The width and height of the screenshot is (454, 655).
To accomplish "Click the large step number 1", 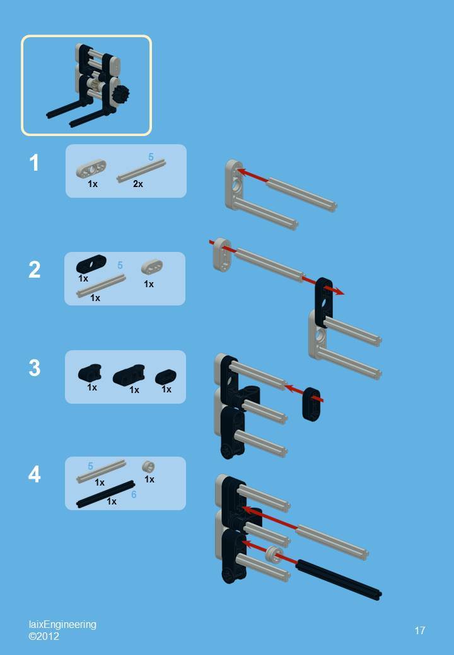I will (x=34, y=163).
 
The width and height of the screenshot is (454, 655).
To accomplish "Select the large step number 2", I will (x=34, y=270).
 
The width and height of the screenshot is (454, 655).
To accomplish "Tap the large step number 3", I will (x=34, y=368).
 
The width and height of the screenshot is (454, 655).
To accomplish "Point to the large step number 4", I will (x=34, y=474).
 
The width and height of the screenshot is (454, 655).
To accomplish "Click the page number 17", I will (x=420, y=630).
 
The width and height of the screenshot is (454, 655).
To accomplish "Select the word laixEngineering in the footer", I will (x=62, y=624).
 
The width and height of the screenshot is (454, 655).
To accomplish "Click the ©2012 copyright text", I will (x=44, y=636).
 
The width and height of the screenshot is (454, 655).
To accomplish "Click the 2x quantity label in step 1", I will (x=138, y=184).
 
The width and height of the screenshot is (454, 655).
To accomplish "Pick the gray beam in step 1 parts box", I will (x=91, y=168).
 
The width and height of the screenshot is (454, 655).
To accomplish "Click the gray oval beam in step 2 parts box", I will (x=152, y=267).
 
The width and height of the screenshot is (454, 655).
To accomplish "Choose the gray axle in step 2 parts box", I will (x=101, y=285).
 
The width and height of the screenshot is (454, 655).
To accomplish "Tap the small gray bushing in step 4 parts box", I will (x=149, y=467).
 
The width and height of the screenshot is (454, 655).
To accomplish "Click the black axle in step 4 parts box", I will (x=105, y=494).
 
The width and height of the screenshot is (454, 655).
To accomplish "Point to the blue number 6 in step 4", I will (x=134, y=495).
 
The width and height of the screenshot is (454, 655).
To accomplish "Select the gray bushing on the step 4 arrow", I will (x=273, y=554).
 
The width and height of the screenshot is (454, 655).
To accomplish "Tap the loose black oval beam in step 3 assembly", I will (x=311, y=404).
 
